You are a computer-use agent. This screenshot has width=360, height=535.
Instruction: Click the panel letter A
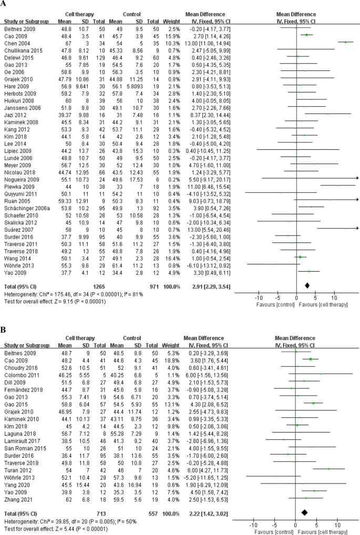point(4,4)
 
